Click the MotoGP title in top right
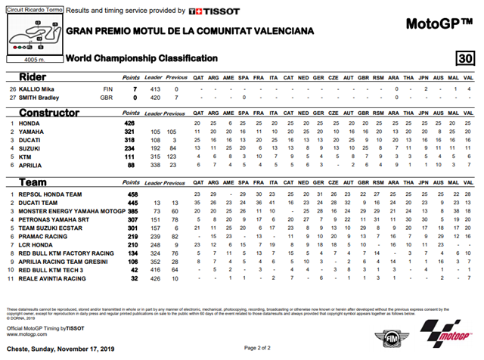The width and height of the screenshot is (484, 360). point(439,24)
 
